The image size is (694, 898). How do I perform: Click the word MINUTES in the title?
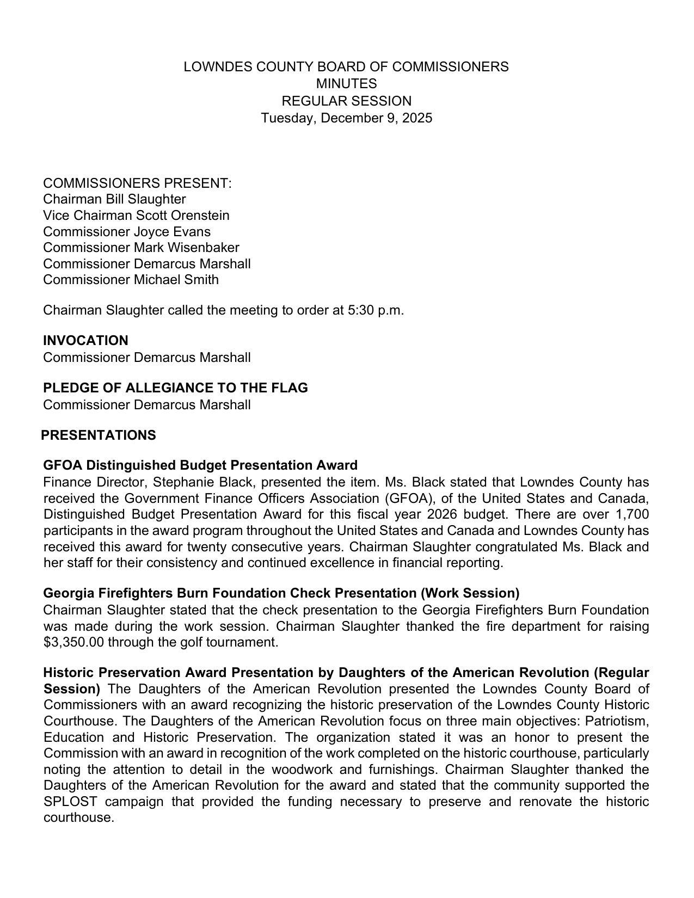tap(346, 84)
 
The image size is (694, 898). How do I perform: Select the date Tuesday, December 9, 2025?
tap(346, 118)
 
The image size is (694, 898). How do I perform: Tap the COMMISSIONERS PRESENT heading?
tap(137, 183)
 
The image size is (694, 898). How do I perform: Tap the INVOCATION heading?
tap(85, 341)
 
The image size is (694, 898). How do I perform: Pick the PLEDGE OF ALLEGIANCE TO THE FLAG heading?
tap(175, 388)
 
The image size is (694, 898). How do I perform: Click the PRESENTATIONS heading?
tap(99, 435)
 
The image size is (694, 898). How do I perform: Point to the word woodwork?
tap(305, 770)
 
